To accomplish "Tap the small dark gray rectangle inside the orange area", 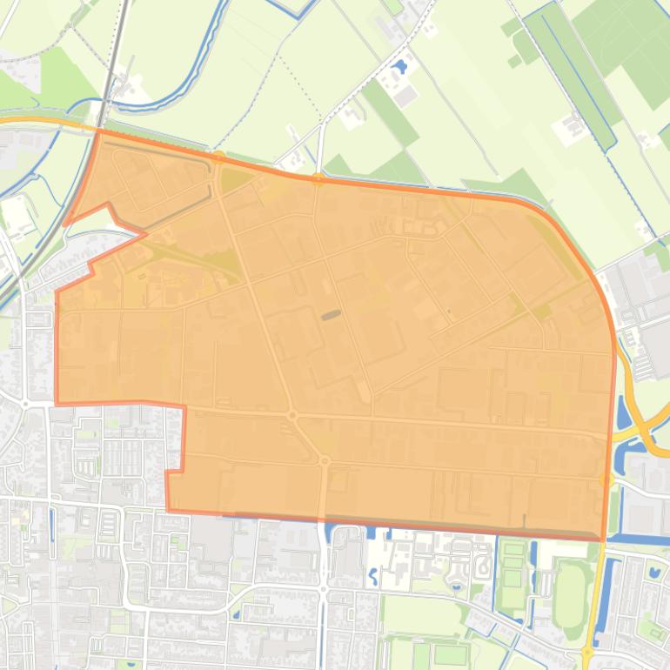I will pos(331,315).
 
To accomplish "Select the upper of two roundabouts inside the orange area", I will pos(292,416).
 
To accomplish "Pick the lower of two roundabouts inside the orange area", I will pos(324,460).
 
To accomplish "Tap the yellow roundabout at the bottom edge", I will pos(587,652).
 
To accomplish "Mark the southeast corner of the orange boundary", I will pos(603,539).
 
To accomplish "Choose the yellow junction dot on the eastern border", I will pos(608,479).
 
